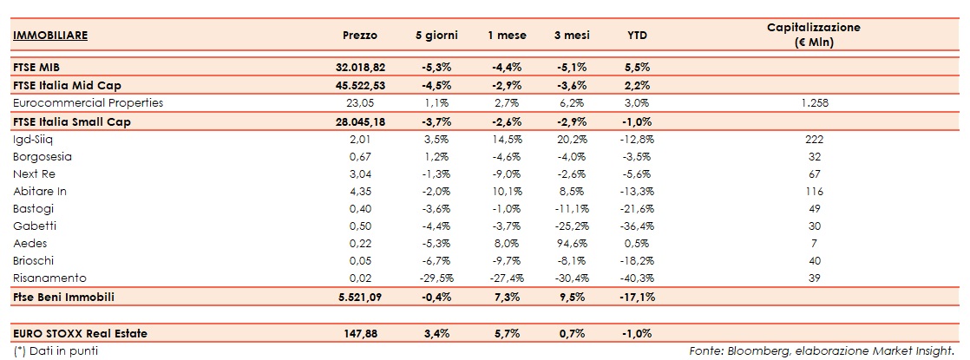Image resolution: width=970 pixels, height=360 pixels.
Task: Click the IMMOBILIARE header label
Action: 51,36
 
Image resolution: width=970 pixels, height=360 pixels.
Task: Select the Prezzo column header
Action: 359,36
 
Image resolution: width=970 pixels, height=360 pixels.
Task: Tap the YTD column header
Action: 638,36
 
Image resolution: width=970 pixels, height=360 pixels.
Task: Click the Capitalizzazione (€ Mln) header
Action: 813,35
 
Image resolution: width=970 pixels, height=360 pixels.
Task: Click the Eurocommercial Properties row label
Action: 88,102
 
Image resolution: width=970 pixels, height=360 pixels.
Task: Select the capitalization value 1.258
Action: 813,102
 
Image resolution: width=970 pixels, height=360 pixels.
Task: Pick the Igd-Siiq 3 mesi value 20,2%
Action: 568,139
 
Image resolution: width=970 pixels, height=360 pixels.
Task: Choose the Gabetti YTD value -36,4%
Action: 638,226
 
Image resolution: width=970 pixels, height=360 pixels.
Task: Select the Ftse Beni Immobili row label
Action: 64,297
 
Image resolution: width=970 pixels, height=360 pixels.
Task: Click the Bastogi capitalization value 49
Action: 813,208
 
